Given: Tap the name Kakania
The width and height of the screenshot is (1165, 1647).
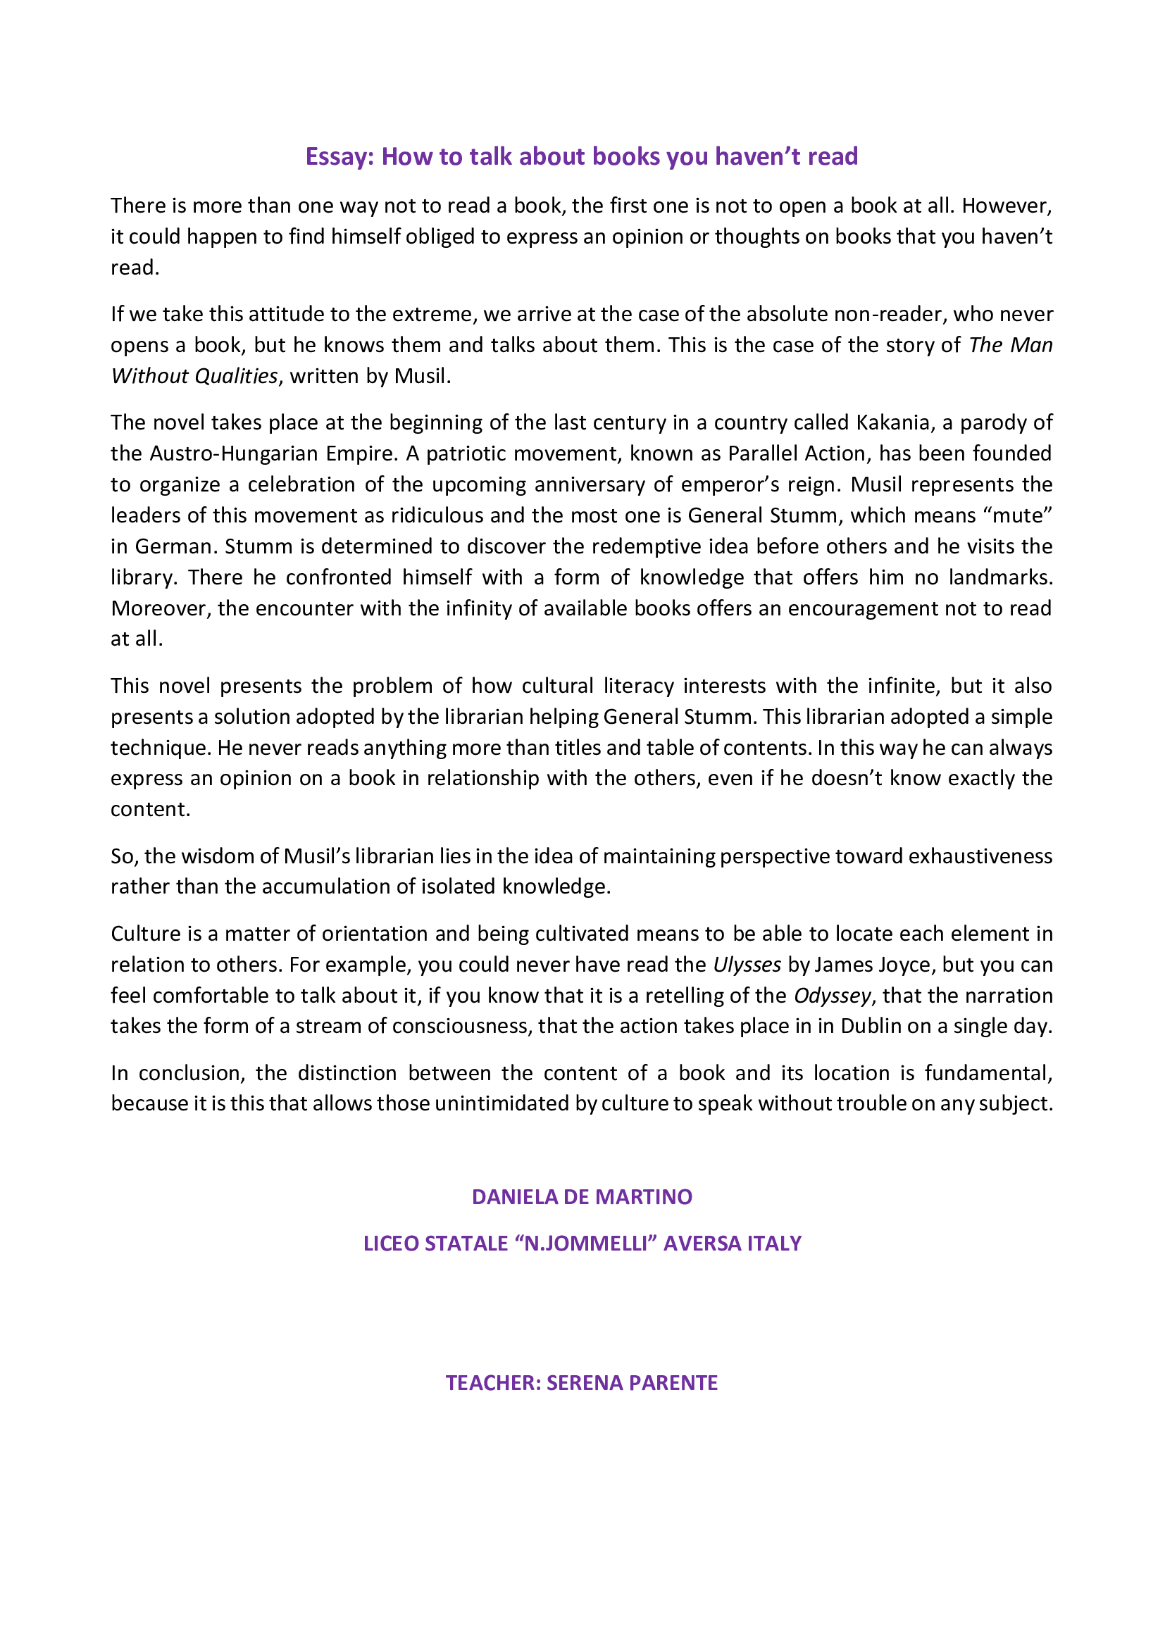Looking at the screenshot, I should [x=892, y=422].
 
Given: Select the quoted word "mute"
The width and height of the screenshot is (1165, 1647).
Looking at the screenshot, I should [x=1021, y=515].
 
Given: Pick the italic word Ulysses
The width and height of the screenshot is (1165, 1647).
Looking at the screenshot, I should [x=747, y=965].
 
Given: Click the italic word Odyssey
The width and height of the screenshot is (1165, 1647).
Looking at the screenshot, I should [x=832, y=996].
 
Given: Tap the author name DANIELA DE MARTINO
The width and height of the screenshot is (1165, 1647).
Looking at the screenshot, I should [x=582, y=1196].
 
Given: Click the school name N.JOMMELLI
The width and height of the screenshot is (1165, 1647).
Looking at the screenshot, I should [x=586, y=1243].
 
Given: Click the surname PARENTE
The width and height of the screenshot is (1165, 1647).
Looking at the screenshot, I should [x=673, y=1382].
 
